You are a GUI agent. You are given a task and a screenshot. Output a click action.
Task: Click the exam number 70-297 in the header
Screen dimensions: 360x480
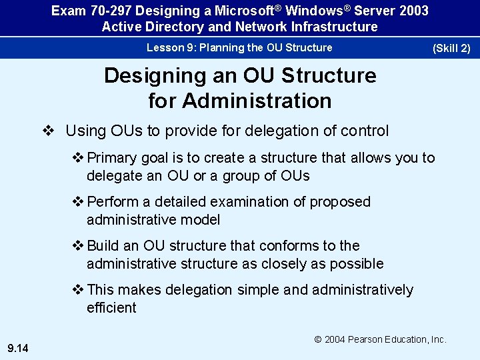(x=104, y=11)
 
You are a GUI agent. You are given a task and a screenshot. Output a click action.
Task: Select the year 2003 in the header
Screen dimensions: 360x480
(x=413, y=11)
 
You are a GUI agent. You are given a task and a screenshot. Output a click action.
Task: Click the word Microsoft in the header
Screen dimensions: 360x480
(x=243, y=11)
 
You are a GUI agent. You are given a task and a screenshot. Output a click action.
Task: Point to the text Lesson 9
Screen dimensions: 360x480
(x=167, y=47)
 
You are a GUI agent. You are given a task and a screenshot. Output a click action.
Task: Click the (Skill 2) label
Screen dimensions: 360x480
(x=451, y=48)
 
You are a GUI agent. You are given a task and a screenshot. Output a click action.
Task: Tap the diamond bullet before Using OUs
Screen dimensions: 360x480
(x=47, y=131)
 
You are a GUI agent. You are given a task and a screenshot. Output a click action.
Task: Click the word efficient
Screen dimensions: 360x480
(x=111, y=307)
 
